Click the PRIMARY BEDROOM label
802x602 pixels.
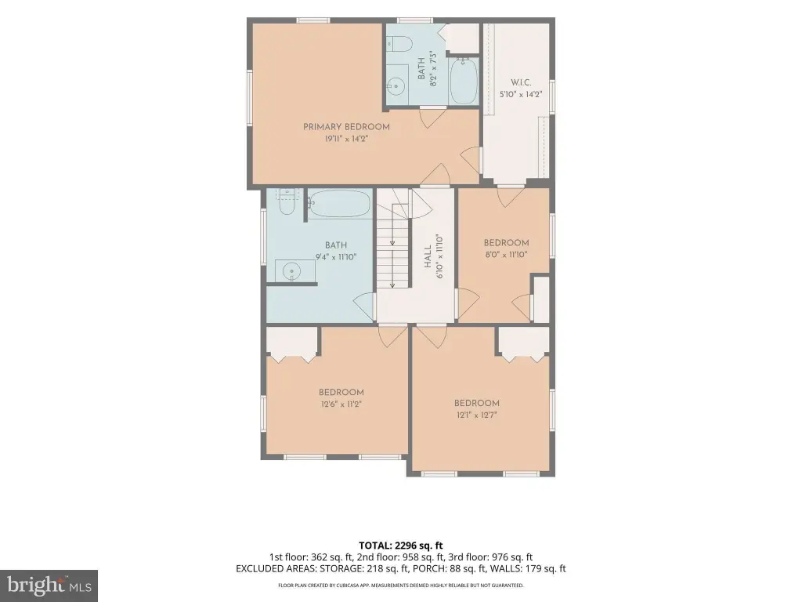346,127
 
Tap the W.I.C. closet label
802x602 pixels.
521,82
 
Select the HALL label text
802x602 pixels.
428,256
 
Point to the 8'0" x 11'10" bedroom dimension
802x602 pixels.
507,255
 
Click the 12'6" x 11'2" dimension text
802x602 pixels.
341,404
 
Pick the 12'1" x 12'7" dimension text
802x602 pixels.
477,415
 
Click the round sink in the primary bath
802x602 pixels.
396,86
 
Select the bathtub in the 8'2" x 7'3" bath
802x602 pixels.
464,81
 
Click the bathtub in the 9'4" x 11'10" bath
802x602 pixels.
340,204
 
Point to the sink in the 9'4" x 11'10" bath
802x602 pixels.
291,270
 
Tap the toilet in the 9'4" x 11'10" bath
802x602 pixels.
287,202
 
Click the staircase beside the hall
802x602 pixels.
394,238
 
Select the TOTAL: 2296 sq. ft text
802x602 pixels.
400,546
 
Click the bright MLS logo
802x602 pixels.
49,586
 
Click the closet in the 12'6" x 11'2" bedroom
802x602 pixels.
293,341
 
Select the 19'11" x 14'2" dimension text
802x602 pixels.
346,139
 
